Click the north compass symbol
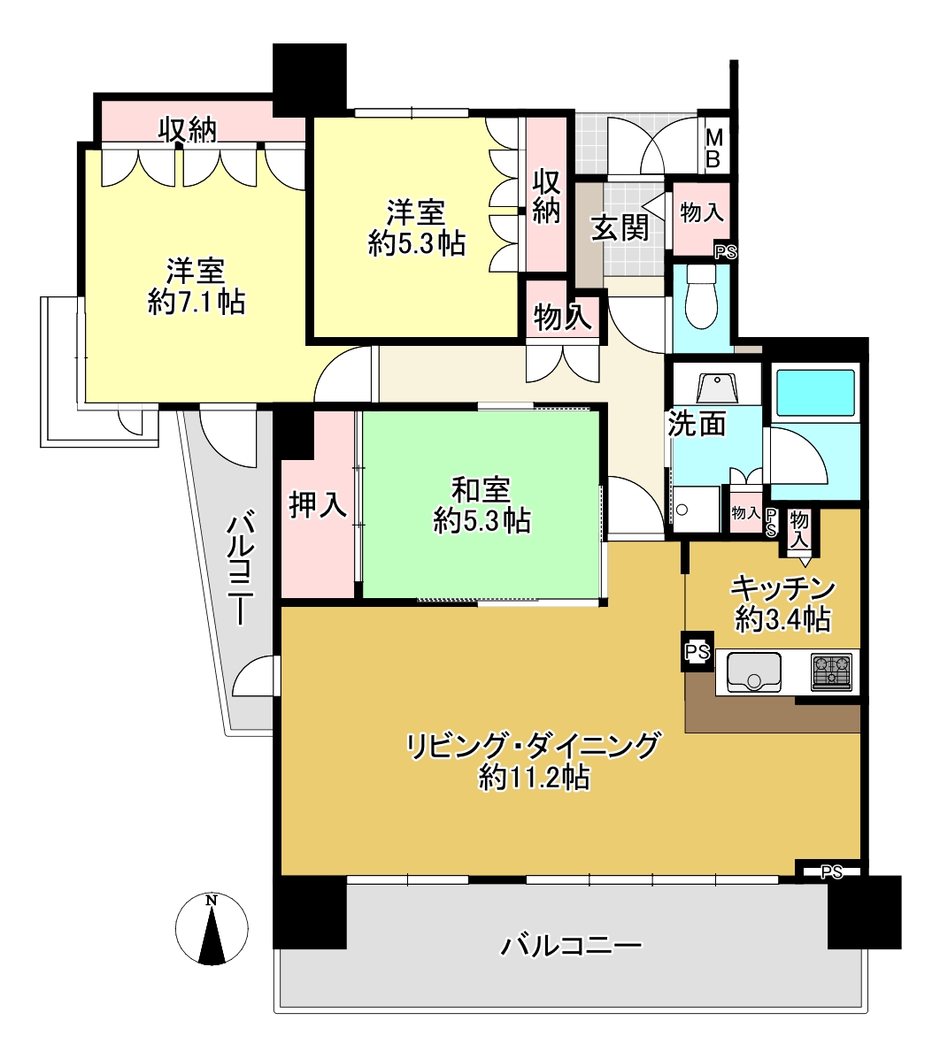click(212, 929)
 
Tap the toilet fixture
click(701, 295)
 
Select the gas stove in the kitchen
click(830, 672)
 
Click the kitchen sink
click(753, 672)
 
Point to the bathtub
click(815, 393)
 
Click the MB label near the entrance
click(713, 149)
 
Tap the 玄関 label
click(620, 227)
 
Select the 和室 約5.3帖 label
click(482, 505)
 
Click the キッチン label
click(783, 588)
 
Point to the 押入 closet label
click(318, 503)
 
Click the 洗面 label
click(697, 423)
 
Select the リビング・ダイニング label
click(532, 747)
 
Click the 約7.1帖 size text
click(196, 301)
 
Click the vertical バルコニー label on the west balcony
click(241, 569)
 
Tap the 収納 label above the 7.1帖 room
click(187, 129)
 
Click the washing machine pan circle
click(682, 510)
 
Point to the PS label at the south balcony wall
click(832, 872)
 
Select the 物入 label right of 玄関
click(701, 212)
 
